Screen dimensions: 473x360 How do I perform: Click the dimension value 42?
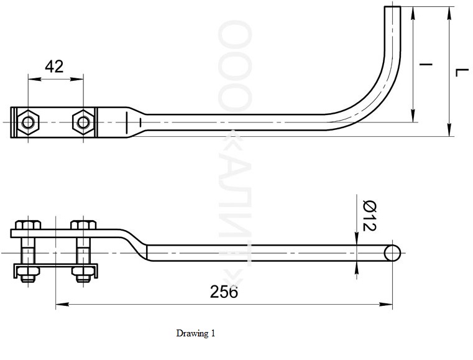pos(54,67)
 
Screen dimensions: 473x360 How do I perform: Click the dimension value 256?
pos(224,292)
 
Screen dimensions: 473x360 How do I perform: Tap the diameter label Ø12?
pos(370,216)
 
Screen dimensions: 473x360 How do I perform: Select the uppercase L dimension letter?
pos(462,72)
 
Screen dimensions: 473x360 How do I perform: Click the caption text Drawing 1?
pos(196,333)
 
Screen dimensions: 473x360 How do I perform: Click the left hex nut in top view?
pos(28,122)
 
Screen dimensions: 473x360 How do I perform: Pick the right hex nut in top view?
pos(83,122)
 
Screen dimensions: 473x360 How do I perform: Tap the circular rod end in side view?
pos(392,253)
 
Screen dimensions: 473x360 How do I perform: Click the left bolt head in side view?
pos(28,225)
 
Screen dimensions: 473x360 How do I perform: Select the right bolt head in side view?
pos(83,225)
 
